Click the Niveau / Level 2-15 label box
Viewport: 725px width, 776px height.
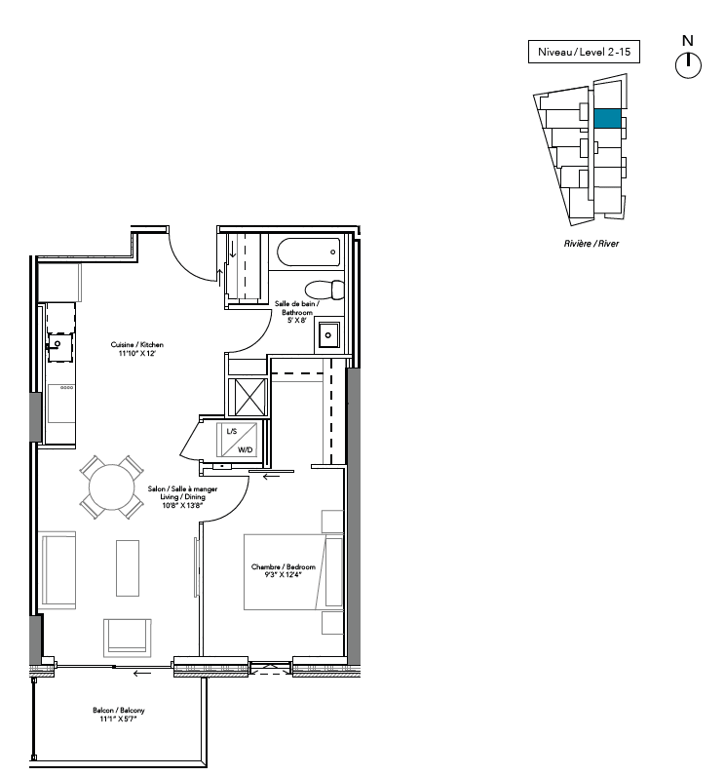click(x=584, y=52)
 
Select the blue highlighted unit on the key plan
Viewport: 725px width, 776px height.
click(x=607, y=119)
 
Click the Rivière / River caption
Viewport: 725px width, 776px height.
click(x=591, y=244)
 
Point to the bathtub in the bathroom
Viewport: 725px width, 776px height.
click(x=309, y=252)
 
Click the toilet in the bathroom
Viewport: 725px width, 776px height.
click(x=324, y=290)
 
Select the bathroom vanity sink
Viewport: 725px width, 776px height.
click(x=328, y=335)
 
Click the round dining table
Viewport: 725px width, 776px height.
click(x=112, y=487)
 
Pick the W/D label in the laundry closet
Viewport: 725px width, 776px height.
click(x=246, y=449)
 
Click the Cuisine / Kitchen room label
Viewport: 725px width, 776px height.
click(x=137, y=344)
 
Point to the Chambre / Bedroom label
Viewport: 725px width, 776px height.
click(x=284, y=566)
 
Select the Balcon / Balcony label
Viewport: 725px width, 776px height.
click(x=119, y=710)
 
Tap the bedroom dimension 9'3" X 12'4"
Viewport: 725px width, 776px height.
click(x=284, y=575)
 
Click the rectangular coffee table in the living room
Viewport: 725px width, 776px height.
click(x=128, y=567)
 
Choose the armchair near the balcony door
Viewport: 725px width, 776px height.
click(x=127, y=638)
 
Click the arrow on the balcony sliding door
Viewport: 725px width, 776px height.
click(x=142, y=673)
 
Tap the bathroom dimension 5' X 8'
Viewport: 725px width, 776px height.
click(x=297, y=320)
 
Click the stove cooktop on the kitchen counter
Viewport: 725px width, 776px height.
click(x=61, y=404)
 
